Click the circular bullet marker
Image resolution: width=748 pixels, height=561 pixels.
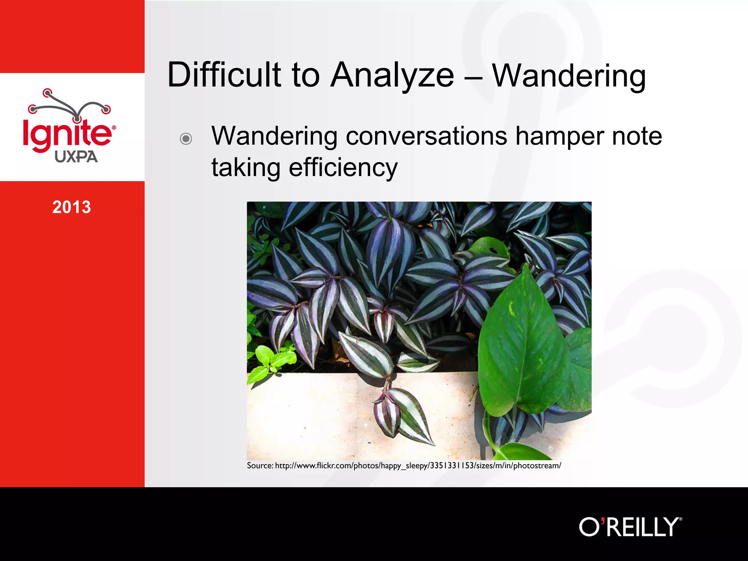(x=186, y=139)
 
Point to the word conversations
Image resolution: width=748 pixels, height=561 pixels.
(x=426, y=136)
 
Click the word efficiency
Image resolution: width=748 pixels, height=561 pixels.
(x=343, y=168)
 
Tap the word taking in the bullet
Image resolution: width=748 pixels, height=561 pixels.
(x=246, y=168)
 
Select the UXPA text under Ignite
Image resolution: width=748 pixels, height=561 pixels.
(x=76, y=157)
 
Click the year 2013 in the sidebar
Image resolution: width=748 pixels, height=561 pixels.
(x=72, y=207)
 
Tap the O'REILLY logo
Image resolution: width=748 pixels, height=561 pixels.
(x=630, y=527)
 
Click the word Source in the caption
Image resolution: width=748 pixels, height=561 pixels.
(x=260, y=466)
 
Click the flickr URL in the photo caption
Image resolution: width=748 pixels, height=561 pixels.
(x=418, y=466)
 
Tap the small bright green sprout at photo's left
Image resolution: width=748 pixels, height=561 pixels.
(x=272, y=360)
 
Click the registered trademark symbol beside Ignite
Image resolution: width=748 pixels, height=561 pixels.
(x=114, y=128)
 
